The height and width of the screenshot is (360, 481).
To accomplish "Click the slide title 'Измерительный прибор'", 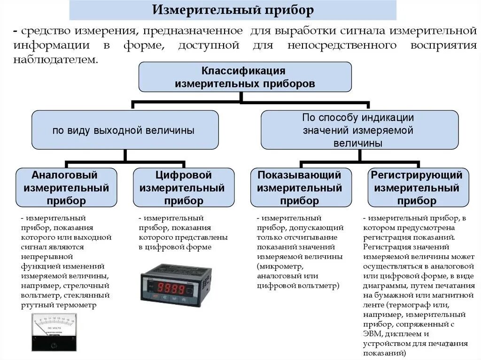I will [x=233, y=10].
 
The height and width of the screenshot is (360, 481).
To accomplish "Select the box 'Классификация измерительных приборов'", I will [x=245, y=77].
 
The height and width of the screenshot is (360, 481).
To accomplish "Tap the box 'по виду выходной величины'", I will [x=124, y=130].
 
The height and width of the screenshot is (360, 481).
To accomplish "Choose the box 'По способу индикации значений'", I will [x=359, y=130].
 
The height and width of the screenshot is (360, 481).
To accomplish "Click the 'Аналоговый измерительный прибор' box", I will [x=66, y=188].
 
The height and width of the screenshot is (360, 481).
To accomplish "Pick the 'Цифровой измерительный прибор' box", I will [x=184, y=188].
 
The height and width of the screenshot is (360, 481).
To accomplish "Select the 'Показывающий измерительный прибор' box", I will [x=301, y=188].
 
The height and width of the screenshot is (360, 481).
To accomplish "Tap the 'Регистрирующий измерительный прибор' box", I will [x=418, y=188].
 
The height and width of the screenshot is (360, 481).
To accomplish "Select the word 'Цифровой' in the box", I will [x=184, y=175].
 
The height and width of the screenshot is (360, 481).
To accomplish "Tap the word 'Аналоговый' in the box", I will [x=65, y=175].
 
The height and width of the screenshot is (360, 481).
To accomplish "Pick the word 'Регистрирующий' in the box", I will [x=417, y=175].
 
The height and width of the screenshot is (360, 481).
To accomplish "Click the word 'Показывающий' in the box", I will [x=300, y=175].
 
